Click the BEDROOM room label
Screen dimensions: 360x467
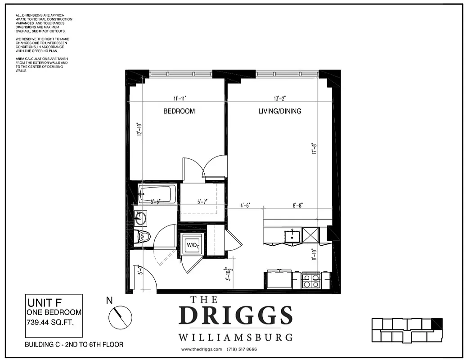coord(179,111)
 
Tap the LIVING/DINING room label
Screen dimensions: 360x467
coord(279,111)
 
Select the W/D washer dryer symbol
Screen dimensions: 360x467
coord(192,245)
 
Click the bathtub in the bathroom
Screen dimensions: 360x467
coord(156,194)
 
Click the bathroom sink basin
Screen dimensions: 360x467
coord(140,219)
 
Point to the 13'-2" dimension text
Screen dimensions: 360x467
coord(279,98)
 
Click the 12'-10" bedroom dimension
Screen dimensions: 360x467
coord(139,130)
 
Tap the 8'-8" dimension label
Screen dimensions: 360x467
coord(297,205)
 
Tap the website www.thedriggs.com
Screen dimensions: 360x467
coord(202,349)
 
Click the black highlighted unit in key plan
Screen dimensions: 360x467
coord(436,324)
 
